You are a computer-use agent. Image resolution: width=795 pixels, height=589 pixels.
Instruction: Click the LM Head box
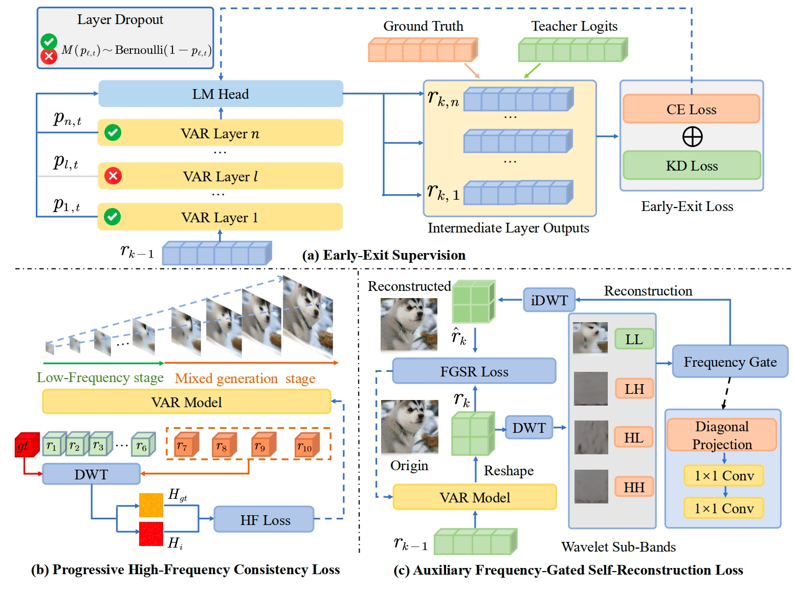tap(220, 94)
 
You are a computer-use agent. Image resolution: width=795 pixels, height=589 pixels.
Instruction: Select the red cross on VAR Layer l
tap(113, 176)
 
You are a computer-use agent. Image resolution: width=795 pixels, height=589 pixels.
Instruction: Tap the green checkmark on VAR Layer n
tap(113, 133)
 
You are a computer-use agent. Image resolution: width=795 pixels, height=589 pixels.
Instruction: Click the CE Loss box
tap(691, 109)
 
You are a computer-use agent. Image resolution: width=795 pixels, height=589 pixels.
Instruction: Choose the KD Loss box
tap(692, 165)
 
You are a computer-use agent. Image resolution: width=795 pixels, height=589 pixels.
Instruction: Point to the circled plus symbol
tap(692, 137)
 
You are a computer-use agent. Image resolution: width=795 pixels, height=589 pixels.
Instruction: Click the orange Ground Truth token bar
tap(423, 50)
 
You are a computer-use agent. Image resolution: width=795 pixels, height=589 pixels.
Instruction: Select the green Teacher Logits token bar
tap(572, 50)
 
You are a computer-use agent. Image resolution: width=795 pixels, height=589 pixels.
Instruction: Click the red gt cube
tap(26, 445)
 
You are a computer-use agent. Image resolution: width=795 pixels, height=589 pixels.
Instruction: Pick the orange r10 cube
tap(306, 446)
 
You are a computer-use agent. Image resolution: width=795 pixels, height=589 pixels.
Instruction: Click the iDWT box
tap(549, 300)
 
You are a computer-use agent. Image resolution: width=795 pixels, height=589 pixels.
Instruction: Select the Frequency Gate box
tap(730, 362)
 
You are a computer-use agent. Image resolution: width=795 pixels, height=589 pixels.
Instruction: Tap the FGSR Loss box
tap(474, 371)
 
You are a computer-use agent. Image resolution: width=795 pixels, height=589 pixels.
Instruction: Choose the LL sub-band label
tap(634, 339)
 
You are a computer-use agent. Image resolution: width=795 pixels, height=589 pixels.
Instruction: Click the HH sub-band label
tap(634, 487)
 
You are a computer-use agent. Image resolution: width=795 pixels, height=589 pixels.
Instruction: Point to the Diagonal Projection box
tap(722, 435)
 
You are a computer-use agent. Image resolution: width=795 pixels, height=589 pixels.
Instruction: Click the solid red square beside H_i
tap(151, 534)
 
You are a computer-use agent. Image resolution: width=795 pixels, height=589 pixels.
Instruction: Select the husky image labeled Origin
tap(409, 427)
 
